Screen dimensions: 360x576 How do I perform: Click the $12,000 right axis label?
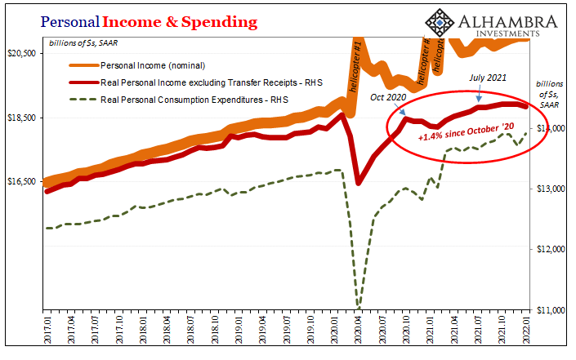coord(551,250)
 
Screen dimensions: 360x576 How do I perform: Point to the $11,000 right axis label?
coord(551,310)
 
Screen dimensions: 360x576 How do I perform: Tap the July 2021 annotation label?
coord(488,78)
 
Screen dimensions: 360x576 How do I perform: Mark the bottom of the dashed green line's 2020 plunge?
coord(358,307)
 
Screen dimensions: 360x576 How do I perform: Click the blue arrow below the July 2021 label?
coord(480,97)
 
